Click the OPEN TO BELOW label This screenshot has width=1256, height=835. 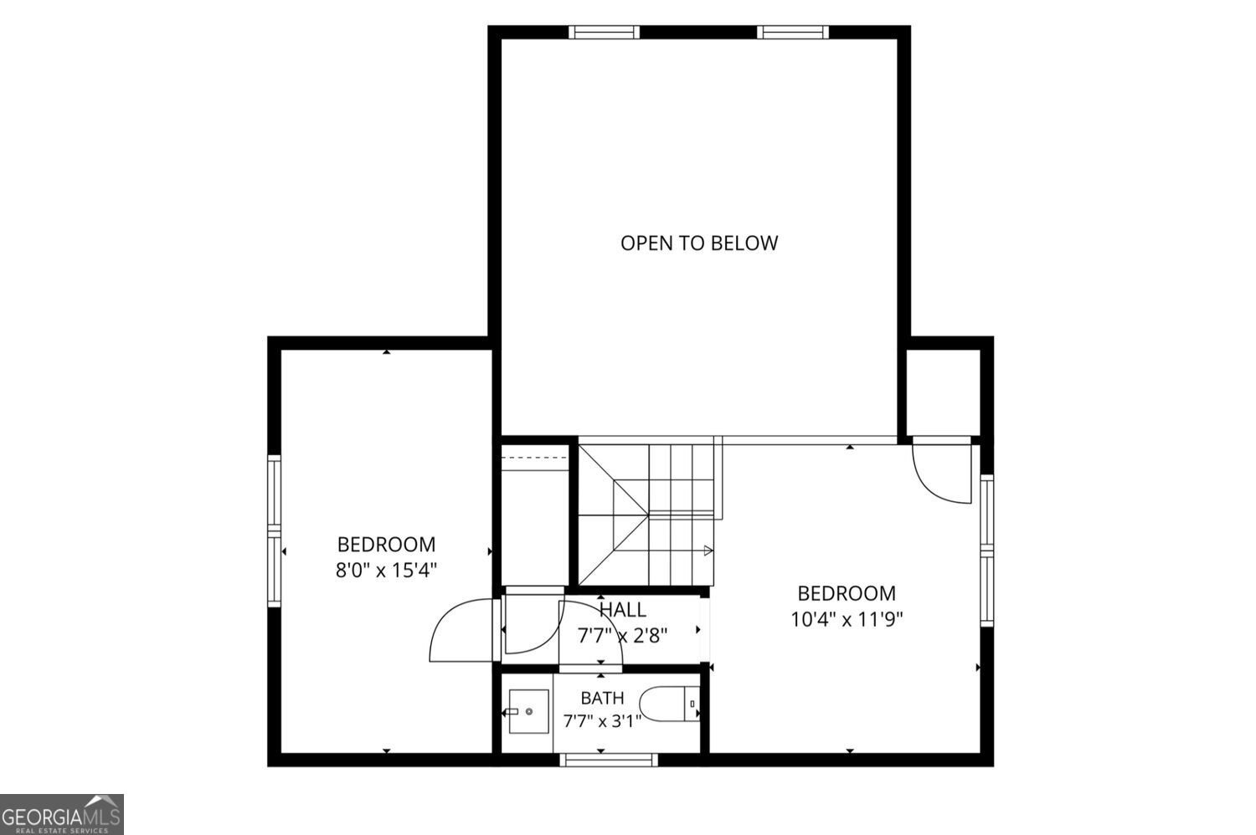[698, 243]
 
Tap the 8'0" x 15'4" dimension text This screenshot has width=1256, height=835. [386, 571]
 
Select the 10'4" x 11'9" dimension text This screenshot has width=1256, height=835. [847, 620]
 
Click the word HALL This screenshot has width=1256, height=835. [622, 610]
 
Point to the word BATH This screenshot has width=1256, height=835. [602, 699]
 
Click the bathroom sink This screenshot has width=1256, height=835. [528, 711]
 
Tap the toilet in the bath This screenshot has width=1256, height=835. [670, 704]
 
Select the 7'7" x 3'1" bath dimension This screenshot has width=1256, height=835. [602, 721]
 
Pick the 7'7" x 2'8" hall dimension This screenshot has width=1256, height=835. [622, 636]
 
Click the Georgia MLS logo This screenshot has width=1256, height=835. [62, 814]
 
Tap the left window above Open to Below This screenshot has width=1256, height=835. [604, 32]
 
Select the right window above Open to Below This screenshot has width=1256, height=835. [793, 32]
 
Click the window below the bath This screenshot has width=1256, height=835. [609, 760]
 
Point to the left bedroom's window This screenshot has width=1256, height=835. [274, 530]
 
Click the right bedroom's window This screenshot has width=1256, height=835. [987, 551]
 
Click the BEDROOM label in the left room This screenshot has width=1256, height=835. [386, 544]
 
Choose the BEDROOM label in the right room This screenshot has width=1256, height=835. [847, 593]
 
